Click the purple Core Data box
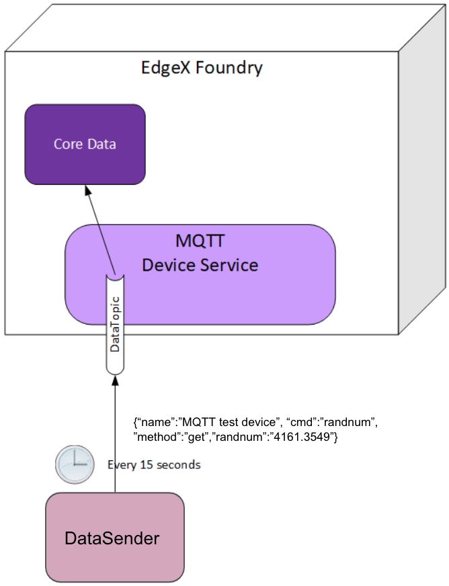click(85, 144)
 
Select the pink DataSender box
click(114, 538)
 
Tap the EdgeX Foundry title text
click(202, 68)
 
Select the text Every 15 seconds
click(154, 464)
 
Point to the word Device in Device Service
click(167, 265)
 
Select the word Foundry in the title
click(233, 68)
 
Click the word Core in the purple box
click(68, 144)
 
